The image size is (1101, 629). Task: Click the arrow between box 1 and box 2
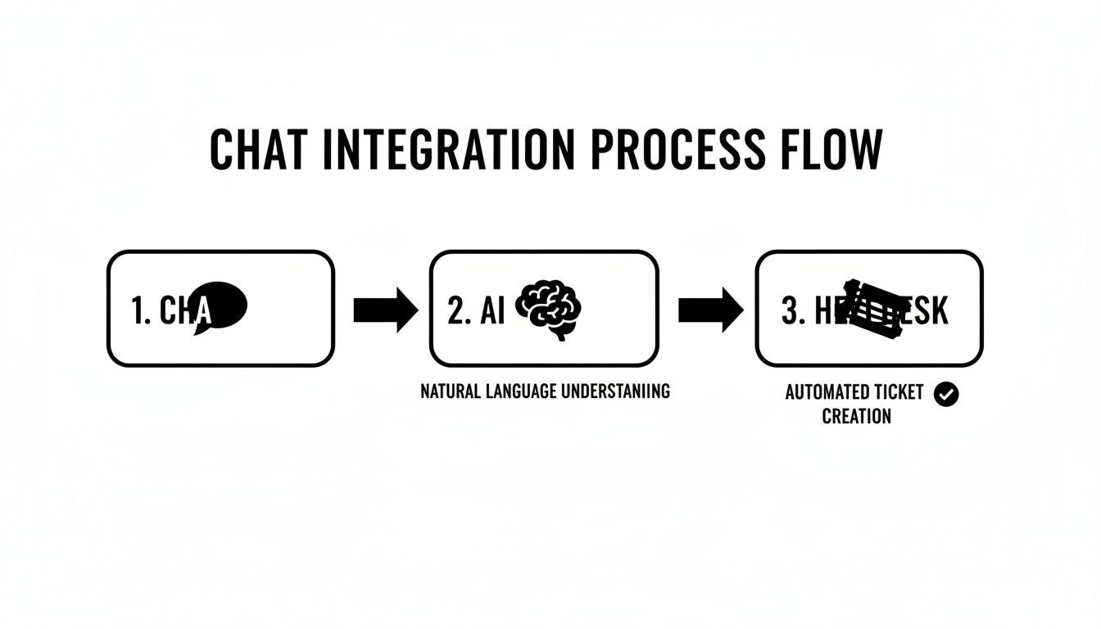[x=385, y=310]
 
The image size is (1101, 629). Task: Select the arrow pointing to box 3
[x=710, y=310]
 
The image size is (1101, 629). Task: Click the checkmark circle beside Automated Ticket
[x=946, y=394]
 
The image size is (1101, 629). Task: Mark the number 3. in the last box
[x=791, y=312]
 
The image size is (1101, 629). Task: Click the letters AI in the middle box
[x=493, y=312]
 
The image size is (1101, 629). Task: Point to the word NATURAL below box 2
[x=449, y=391]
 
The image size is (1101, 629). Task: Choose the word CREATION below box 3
[x=856, y=416]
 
